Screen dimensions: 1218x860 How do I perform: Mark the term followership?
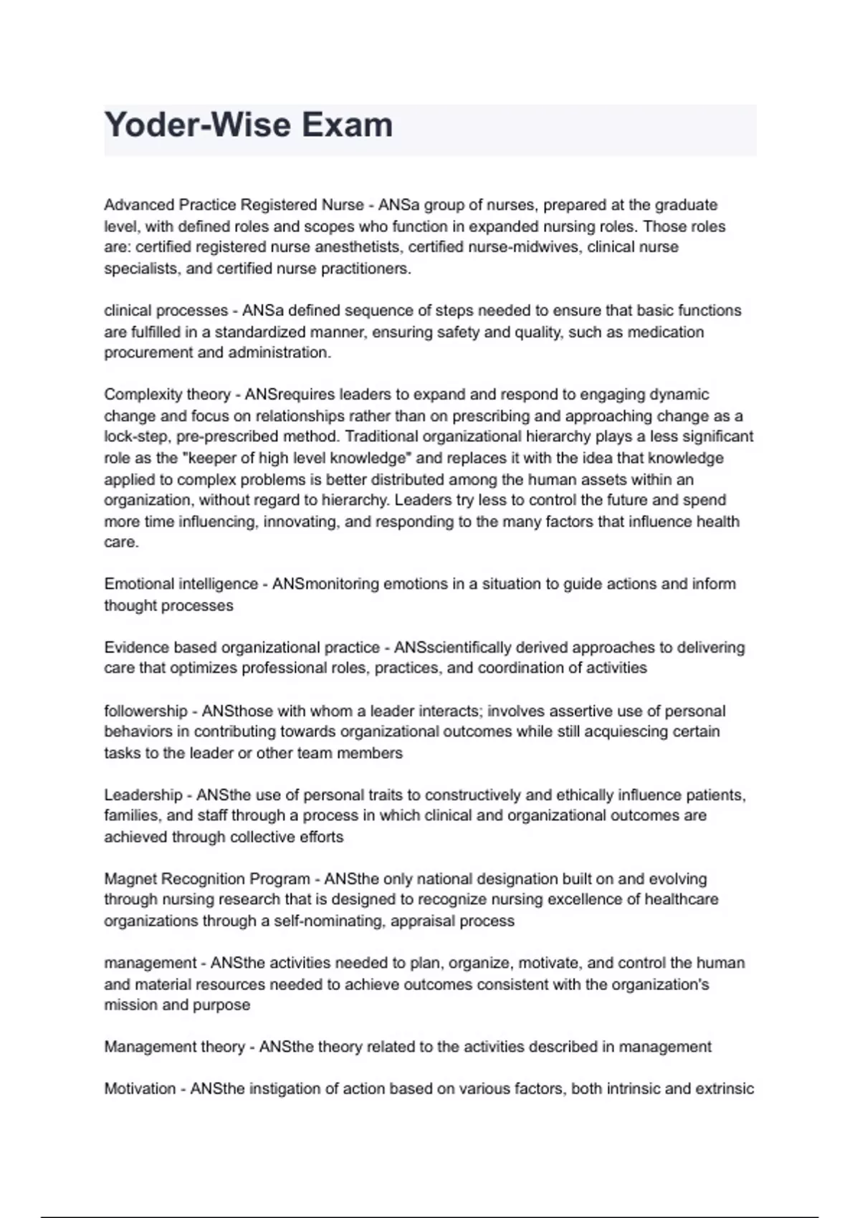pos(145,711)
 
